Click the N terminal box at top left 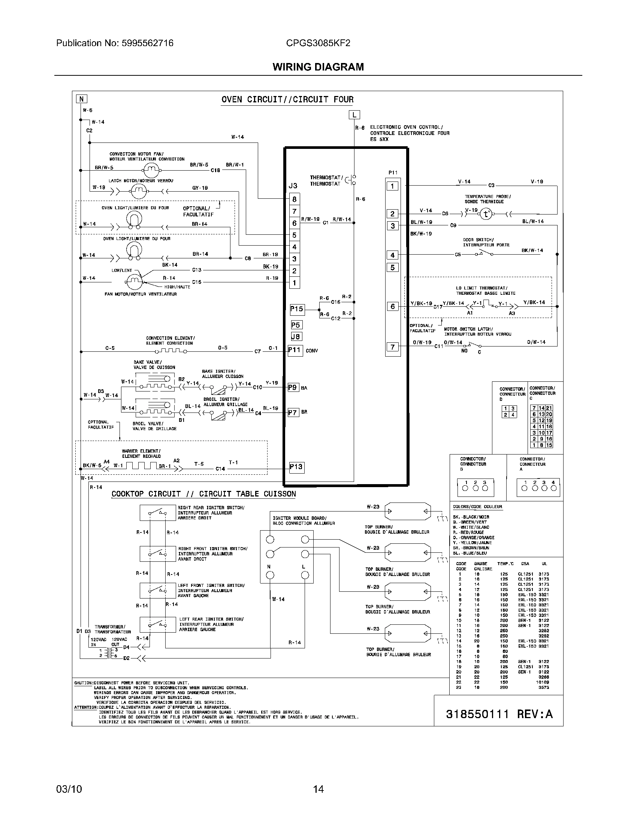click(x=81, y=99)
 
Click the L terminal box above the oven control click(x=354, y=114)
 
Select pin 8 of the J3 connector click(x=295, y=199)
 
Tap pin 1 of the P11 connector click(x=392, y=186)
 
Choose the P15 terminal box click(x=297, y=309)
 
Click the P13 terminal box click(x=296, y=467)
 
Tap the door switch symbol click(x=485, y=253)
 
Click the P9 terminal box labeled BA click(x=293, y=387)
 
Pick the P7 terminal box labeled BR click(x=293, y=412)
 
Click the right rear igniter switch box click(x=157, y=513)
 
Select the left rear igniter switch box click(x=157, y=625)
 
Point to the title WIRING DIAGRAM click(x=318, y=67)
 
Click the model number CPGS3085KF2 click(x=318, y=43)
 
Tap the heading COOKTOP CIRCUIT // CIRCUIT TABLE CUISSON click(x=204, y=494)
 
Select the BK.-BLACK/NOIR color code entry click(x=471, y=517)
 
